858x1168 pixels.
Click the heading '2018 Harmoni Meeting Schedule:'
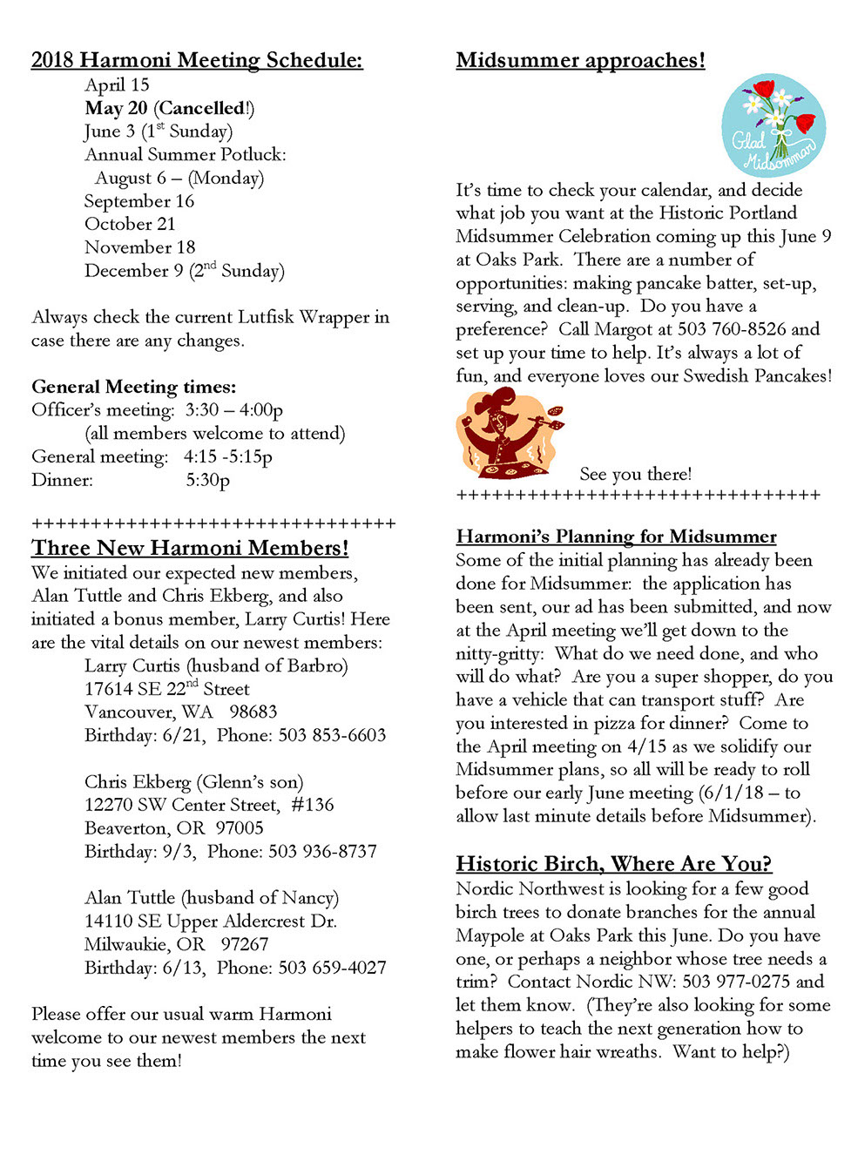[x=197, y=60]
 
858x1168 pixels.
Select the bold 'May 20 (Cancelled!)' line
[x=170, y=108]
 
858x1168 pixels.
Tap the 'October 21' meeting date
[x=130, y=224]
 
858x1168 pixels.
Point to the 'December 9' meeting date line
[x=184, y=271]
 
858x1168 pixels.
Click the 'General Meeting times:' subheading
[x=133, y=387]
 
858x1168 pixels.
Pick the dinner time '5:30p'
[x=208, y=480]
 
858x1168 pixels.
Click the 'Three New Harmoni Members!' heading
[x=190, y=548]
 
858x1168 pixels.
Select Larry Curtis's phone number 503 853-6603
[x=332, y=735]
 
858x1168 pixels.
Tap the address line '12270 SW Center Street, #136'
[x=209, y=805]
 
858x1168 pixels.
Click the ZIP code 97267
[x=245, y=944]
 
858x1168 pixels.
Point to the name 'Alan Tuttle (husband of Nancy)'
[x=212, y=898]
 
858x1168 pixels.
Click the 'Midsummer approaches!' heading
[x=580, y=60]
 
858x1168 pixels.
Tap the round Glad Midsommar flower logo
[x=774, y=125]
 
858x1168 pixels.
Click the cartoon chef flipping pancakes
[x=508, y=434]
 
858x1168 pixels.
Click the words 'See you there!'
[x=636, y=474]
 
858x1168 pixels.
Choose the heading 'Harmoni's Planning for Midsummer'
[x=616, y=537]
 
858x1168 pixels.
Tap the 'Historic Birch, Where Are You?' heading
[x=613, y=864]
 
